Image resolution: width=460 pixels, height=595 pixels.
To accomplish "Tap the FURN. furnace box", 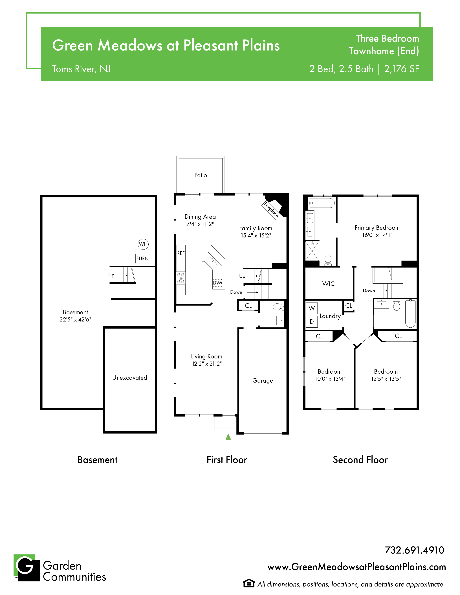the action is [143, 258].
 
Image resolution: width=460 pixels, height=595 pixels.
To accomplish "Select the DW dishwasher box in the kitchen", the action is [217, 283].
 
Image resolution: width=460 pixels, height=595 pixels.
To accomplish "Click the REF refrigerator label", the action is [181, 253].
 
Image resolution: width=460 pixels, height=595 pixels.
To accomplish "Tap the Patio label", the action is [201, 175].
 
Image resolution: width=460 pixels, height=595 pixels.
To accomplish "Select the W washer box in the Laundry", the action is [312, 308].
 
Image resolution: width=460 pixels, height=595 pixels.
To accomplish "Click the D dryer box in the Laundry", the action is [312, 322].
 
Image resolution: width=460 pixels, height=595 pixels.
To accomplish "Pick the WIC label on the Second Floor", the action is [328, 284].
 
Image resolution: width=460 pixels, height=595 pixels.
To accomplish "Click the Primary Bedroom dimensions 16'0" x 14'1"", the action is [377, 235].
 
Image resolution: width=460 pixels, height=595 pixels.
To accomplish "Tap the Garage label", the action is [263, 381].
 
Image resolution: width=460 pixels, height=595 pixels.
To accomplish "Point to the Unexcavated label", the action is [130, 378].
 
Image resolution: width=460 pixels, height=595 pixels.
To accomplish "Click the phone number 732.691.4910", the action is [415, 550].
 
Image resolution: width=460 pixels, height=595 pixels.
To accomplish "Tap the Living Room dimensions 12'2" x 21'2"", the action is [207, 364].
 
